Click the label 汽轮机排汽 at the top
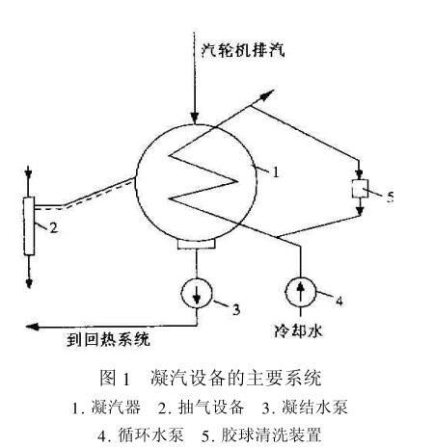point(243,50)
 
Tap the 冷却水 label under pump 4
point(298,330)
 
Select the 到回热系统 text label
point(108,339)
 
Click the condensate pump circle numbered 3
point(197,293)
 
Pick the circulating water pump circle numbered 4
point(301,292)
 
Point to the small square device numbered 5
point(360,189)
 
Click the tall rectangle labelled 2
point(29,226)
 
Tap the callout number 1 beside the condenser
point(276,171)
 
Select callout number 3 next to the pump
point(236,310)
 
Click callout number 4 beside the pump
point(339,301)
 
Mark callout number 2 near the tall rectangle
point(53,227)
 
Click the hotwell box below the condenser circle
point(197,244)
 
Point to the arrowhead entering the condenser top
point(194,118)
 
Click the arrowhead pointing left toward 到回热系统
point(32,327)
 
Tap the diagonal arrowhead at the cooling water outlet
point(267,95)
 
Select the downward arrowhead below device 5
point(361,211)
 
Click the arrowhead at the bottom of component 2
point(29,283)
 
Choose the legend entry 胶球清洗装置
point(271,435)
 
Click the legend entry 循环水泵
point(150,435)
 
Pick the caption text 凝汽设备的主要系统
point(236,378)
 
